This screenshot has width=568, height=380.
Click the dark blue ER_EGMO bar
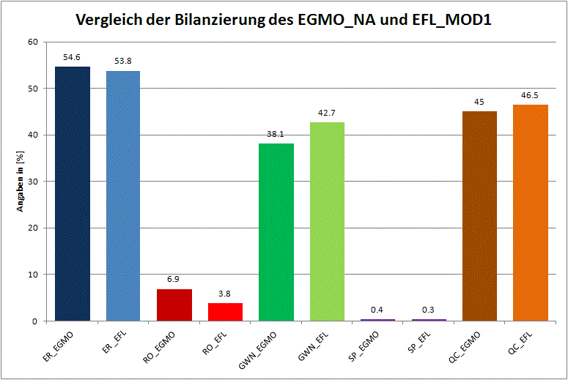pyautogui.click(x=73, y=194)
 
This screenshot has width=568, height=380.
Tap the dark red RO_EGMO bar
pyautogui.click(x=174, y=305)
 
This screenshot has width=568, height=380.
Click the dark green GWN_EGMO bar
pyautogui.click(x=276, y=232)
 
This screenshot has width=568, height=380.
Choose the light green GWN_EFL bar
pyautogui.click(x=327, y=222)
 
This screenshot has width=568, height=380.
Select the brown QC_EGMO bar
pyautogui.click(x=479, y=216)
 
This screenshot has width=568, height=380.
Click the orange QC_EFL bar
pyautogui.click(x=531, y=212)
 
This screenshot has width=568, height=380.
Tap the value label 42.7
pyautogui.click(x=327, y=112)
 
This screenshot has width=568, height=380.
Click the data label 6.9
pyautogui.click(x=174, y=279)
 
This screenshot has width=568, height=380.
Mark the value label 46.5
pyautogui.click(x=531, y=95)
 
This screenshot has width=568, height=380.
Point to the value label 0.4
pyautogui.click(x=377, y=309)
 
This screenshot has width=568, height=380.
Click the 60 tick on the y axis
pyautogui.click(x=32, y=42)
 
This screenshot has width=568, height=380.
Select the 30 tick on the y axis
pyautogui.click(x=32, y=182)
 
